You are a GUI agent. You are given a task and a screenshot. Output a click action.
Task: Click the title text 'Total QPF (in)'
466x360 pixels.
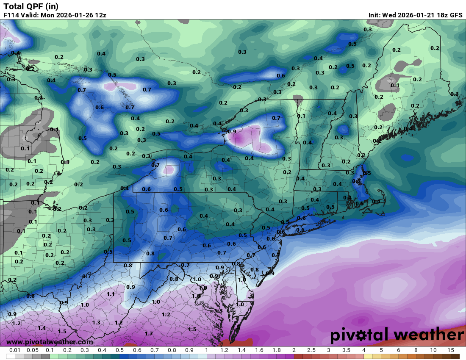click(31, 6)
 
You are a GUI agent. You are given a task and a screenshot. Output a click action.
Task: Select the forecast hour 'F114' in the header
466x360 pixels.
click(12, 15)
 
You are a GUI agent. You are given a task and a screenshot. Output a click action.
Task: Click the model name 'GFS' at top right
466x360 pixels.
click(456, 15)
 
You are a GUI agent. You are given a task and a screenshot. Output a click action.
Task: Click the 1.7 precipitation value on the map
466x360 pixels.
click(149, 334)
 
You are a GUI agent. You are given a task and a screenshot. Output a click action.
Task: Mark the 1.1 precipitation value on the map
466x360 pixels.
click(111, 294)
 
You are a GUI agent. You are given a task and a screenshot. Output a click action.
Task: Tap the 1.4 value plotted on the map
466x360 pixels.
click(42, 328)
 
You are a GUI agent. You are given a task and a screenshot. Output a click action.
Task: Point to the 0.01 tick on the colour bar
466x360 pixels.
click(15, 350)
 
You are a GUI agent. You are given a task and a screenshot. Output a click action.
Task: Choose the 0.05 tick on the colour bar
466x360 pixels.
click(33, 350)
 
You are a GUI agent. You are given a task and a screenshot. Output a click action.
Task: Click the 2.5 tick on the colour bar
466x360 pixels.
click(311, 350)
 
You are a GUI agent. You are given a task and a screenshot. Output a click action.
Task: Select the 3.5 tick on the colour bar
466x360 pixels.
click(346, 350)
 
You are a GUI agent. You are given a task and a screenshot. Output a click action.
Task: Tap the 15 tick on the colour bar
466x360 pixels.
click(451, 350)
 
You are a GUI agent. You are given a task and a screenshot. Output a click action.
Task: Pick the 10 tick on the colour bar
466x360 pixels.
click(433, 350)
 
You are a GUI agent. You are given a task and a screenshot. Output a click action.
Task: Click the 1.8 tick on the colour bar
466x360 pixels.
click(277, 350)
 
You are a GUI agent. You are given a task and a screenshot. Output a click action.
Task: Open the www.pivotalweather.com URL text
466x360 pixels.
click(50, 342)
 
